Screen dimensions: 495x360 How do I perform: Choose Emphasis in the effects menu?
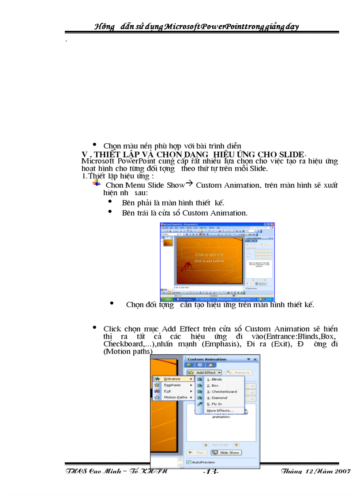coord(172,385)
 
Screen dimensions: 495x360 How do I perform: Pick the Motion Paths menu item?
coord(176,397)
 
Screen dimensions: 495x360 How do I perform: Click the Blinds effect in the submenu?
coord(217,379)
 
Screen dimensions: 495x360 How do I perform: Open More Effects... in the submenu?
coord(220,410)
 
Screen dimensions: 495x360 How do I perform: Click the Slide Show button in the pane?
coord(226,452)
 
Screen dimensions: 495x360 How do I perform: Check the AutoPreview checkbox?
coord(189,462)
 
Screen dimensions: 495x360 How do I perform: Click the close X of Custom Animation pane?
coord(255,359)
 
